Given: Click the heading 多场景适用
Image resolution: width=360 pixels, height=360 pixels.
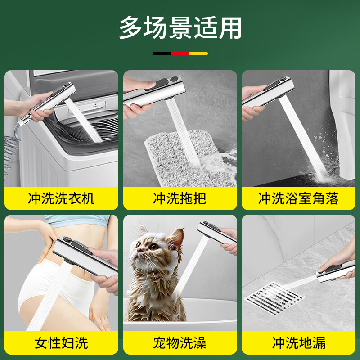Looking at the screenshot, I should tap(180, 28).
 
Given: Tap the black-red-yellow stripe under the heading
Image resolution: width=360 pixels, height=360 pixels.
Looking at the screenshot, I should tap(180, 54).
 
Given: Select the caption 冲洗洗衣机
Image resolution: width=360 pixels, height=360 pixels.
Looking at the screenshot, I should tap(61, 198).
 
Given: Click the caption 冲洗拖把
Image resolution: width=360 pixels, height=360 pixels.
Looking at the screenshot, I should tap(180, 198).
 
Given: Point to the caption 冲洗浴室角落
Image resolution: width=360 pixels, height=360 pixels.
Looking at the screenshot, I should tap(298, 198).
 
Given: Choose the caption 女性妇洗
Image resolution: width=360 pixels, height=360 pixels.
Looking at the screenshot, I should tap(61, 343).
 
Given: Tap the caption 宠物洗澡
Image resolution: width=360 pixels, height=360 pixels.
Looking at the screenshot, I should tap(180, 343).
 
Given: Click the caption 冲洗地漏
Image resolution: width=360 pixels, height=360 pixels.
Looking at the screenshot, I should tap(298, 343).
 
